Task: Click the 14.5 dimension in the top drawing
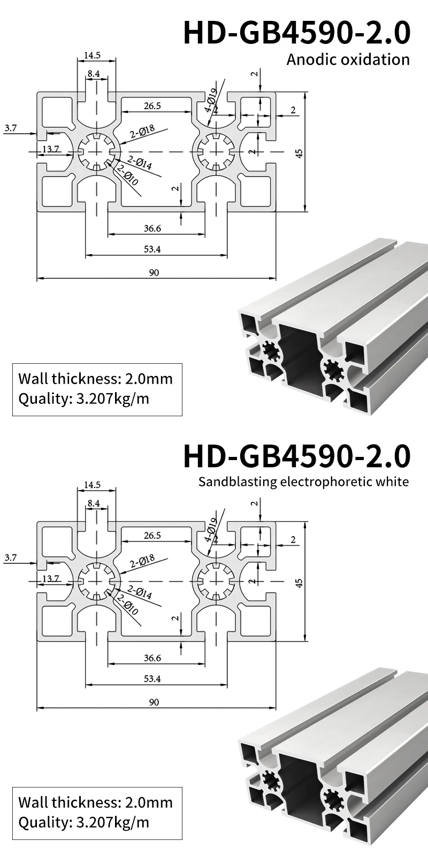click(92, 55)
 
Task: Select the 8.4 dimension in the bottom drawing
click(94, 503)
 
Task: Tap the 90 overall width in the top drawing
click(154, 273)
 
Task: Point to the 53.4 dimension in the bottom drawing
click(152, 679)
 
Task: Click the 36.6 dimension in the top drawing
click(152, 228)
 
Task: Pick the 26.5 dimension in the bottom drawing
click(152, 535)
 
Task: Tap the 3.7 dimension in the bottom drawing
click(10, 557)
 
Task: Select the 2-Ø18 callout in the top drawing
click(142, 132)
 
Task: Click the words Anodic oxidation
click(348, 59)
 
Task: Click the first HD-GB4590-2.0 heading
click(297, 32)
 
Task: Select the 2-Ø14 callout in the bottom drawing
click(140, 593)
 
